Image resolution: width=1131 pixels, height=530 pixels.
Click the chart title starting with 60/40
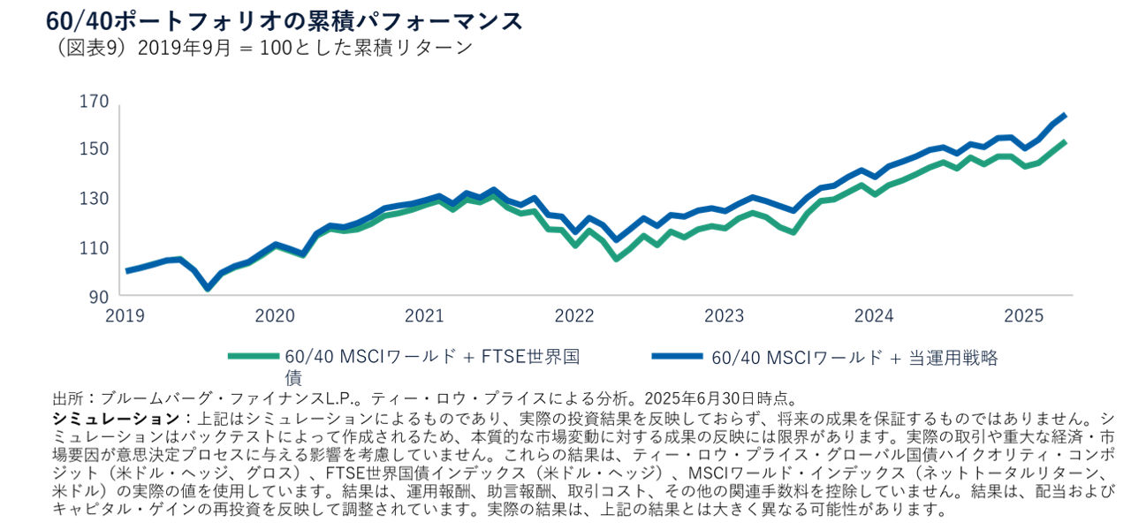pyautogui.click(x=285, y=20)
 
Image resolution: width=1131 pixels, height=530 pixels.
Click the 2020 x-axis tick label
pyautogui.click(x=276, y=316)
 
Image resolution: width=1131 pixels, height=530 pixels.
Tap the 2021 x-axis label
pyautogui.click(x=425, y=316)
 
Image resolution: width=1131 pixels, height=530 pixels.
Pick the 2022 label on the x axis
pyautogui.click(x=575, y=316)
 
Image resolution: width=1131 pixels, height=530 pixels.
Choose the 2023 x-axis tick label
pyautogui.click(x=725, y=316)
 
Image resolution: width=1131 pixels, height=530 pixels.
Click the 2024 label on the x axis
pyautogui.click(x=875, y=316)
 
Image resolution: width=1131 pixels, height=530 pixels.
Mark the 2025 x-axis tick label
pyautogui.click(x=1024, y=316)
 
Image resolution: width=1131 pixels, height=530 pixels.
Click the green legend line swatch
pyautogui.click(x=253, y=357)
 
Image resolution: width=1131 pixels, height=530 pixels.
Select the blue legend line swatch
pyautogui.click(x=677, y=357)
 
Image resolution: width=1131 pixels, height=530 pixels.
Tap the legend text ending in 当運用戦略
pyautogui.click(x=855, y=357)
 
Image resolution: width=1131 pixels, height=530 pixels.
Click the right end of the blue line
pyautogui.click(x=1065, y=115)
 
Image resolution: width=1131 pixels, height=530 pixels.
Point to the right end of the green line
pyautogui.click(x=1065, y=141)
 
